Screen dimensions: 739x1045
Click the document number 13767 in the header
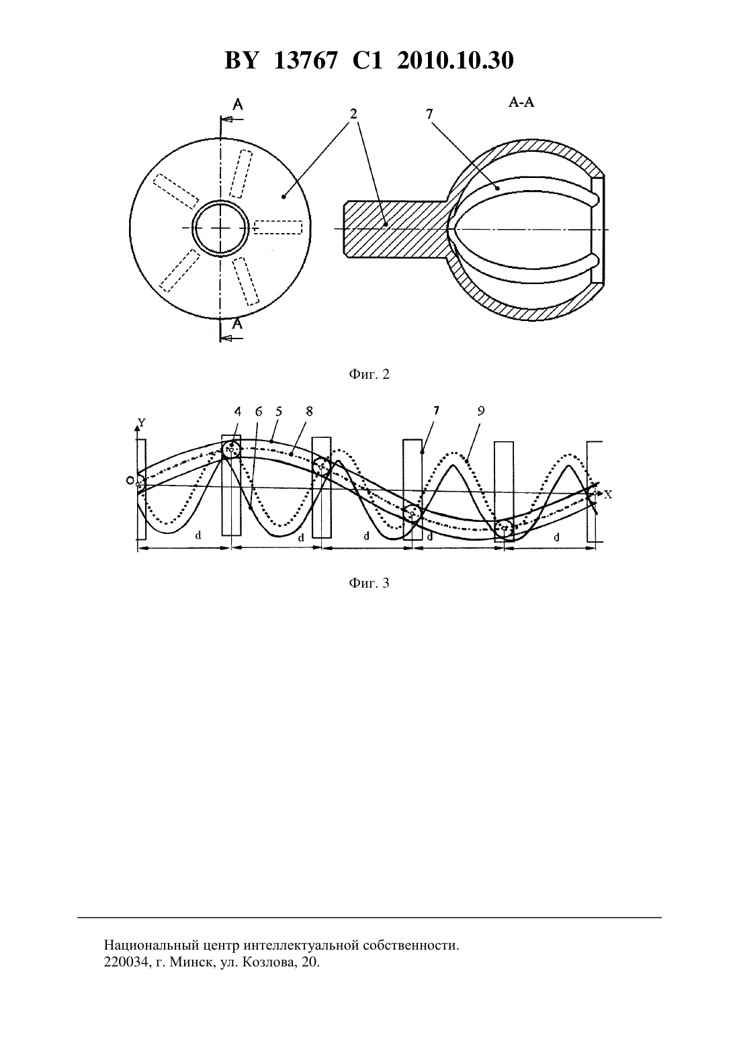(305, 60)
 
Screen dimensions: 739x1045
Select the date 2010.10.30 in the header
(455, 60)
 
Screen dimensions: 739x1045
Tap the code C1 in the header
(367, 60)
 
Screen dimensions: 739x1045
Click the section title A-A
(521, 103)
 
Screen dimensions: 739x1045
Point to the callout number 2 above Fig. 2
(353, 113)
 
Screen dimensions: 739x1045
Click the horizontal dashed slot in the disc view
(279, 227)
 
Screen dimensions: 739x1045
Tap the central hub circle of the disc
(220, 228)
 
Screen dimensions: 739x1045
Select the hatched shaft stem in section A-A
(396, 228)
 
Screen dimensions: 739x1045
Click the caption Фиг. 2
(369, 374)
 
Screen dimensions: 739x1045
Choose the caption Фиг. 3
(369, 583)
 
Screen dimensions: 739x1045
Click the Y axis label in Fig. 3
(142, 422)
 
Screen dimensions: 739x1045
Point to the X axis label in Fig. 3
(608, 494)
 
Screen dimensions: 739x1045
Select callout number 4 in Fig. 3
(238, 412)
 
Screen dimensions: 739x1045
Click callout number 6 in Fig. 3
(259, 412)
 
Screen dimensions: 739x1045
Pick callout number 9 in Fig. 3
(481, 411)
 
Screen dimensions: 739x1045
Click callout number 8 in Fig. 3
(309, 412)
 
